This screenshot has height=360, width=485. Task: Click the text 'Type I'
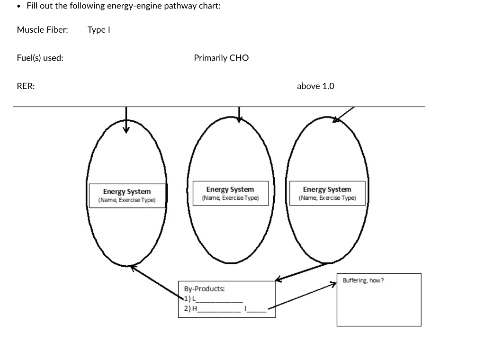99,30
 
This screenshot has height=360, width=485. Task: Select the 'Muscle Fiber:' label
42,30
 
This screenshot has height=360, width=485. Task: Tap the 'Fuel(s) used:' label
40,58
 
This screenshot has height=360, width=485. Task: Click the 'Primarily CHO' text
221,58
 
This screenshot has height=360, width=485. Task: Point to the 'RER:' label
26,86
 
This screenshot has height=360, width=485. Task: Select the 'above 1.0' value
315,86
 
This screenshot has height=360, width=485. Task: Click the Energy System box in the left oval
127,195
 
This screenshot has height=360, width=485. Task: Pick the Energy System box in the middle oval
230,193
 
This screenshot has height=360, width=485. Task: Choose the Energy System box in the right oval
327,193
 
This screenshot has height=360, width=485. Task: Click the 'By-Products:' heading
204,288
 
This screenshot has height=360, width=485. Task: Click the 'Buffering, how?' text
363,280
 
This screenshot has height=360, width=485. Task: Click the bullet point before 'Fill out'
18,6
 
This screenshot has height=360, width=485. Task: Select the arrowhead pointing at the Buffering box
333,283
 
